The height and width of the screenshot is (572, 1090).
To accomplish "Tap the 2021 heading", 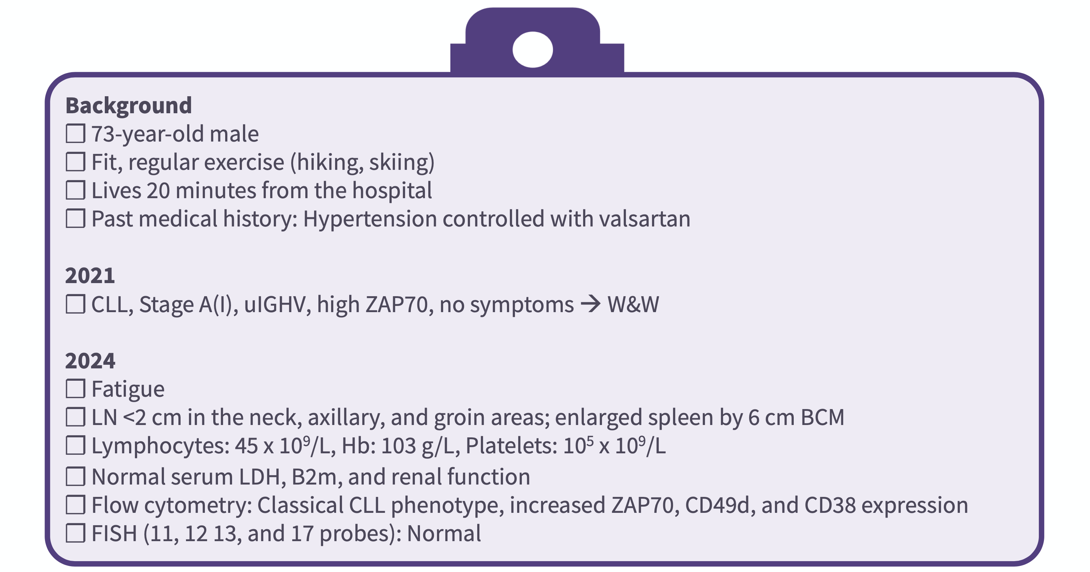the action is point(90,275).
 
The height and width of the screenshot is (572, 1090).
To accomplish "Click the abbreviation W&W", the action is point(633,305).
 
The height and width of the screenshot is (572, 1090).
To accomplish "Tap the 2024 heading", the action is point(90,361).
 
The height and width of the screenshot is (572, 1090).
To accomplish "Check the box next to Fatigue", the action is point(75,388).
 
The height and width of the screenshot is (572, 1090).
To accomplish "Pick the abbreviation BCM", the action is point(823,417).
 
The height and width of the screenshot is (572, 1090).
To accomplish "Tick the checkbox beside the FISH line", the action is point(75,533).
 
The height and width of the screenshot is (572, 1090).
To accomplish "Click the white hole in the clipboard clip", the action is point(533,49).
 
